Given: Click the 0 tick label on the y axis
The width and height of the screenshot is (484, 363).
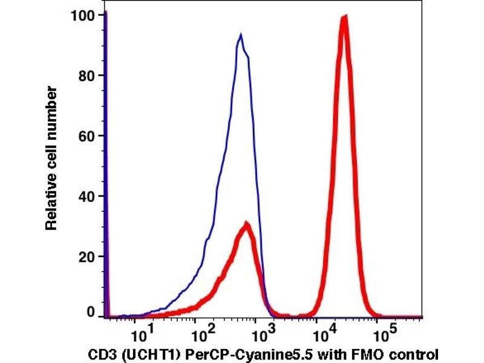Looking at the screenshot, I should pyautogui.click(x=92, y=313).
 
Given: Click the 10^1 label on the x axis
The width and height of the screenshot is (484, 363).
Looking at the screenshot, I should pyautogui.click(x=141, y=334).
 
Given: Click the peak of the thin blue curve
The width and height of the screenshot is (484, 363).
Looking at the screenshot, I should pyautogui.click(x=241, y=34).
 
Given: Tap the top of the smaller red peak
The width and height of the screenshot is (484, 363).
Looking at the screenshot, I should pyautogui.click(x=246, y=223).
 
